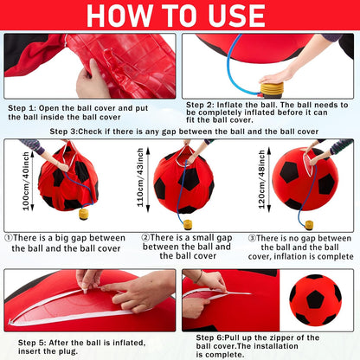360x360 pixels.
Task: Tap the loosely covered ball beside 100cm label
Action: click(69, 180)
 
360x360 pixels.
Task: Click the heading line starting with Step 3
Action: click(182, 131)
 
